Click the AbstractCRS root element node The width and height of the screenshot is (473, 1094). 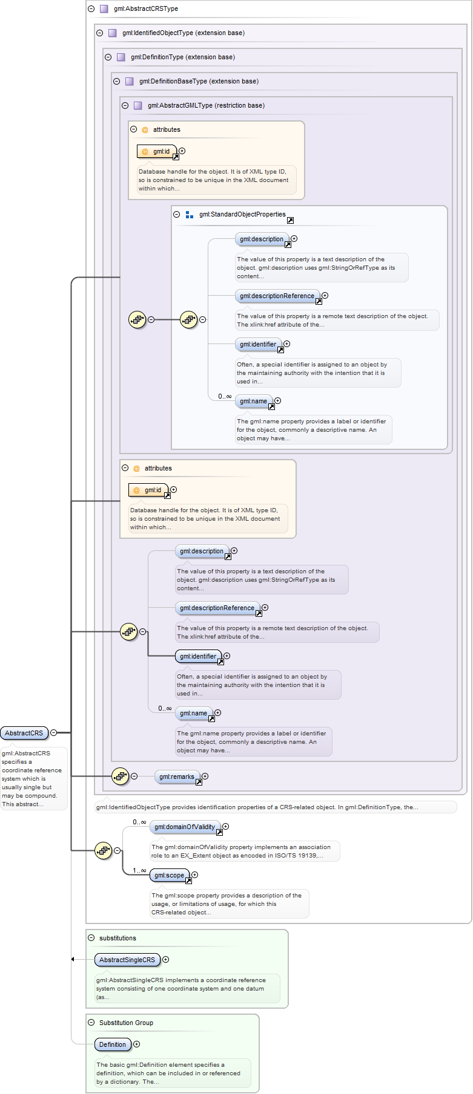coord(24,733)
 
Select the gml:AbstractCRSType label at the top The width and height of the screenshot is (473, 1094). coord(145,9)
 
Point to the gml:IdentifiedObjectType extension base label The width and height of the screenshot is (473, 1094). coord(183,33)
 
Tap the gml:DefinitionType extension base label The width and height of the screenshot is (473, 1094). coord(182,57)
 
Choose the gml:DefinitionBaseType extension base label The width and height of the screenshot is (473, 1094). coord(199,82)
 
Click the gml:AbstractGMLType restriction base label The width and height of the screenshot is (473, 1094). coord(206,106)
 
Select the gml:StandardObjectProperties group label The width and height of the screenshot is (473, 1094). coord(242,215)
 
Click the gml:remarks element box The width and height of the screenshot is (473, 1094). coord(177,777)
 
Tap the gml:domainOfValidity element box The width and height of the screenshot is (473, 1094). coord(185,827)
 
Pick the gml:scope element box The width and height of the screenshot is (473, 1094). coord(170,875)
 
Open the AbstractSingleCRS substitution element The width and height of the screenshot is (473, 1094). coord(127,960)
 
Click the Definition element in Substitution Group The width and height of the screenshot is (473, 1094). coord(113,1044)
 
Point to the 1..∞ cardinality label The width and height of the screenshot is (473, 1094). coord(139,870)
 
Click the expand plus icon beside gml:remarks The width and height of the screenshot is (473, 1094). coord(205,776)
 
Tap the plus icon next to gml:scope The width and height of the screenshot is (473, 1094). coord(194,874)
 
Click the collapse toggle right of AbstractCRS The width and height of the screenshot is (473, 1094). coord(53,732)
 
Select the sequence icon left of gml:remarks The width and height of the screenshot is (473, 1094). coord(120,776)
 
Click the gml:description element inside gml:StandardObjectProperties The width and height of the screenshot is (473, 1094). coord(262,239)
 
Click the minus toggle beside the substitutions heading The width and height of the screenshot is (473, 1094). coord(91,938)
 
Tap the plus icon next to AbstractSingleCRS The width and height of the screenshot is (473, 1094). coord(166,959)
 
